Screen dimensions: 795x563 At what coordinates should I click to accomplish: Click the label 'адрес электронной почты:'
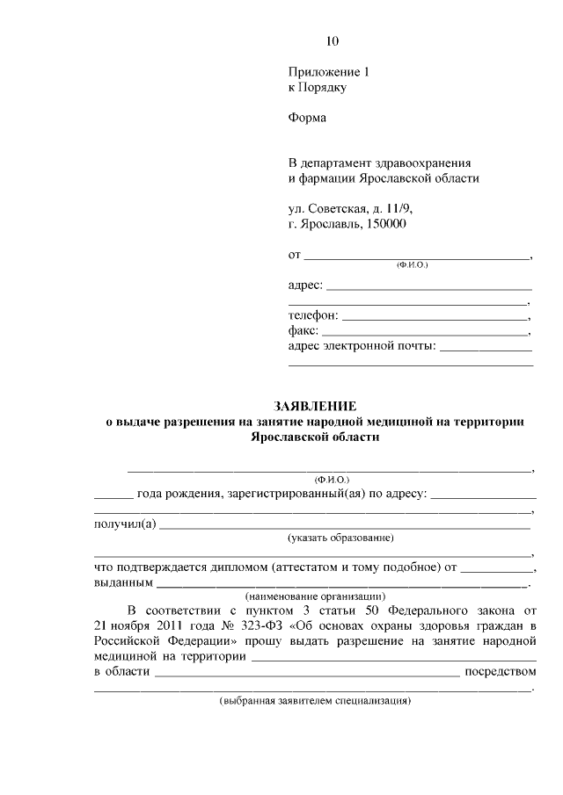362,348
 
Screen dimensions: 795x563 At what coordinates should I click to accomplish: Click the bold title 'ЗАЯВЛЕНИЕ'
315,407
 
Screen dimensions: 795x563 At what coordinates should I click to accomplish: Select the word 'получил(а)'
126,525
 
